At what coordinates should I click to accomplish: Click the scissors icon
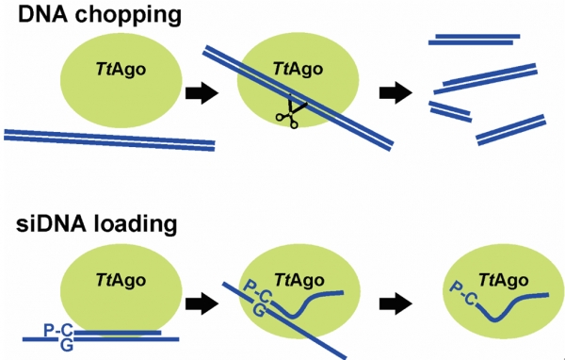291,111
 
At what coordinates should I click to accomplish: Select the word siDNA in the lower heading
51,224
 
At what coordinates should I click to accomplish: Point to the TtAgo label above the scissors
298,69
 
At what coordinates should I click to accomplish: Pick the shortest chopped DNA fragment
450,111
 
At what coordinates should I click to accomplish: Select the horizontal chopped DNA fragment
474,40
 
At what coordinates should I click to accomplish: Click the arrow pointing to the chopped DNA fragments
396,92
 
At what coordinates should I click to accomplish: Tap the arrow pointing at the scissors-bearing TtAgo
202,92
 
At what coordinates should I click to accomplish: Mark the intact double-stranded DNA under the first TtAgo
109,139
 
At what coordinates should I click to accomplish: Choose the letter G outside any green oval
67,345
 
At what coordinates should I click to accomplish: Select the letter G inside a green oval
258,310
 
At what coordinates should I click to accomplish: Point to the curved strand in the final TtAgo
513,306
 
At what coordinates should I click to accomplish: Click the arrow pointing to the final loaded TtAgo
396,303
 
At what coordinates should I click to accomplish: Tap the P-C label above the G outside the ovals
58,330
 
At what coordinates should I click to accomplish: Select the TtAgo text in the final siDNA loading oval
504,280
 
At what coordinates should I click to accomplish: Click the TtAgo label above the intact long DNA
121,69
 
